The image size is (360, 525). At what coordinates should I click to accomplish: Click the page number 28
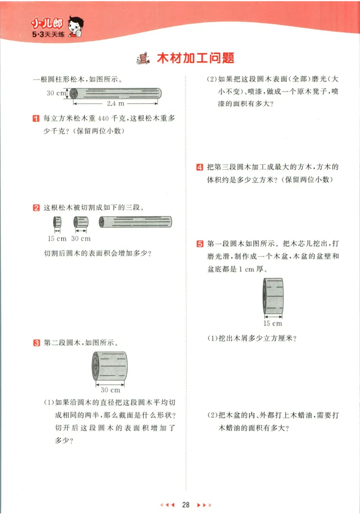(185, 505)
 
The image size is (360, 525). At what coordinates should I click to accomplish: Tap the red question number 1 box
(36, 119)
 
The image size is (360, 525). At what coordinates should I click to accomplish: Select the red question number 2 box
(36, 208)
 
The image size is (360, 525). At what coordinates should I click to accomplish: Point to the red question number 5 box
(199, 244)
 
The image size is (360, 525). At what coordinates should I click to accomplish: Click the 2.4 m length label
(115, 103)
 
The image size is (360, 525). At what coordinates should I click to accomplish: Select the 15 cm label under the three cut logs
(57, 238)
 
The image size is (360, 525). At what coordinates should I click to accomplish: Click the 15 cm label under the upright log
(273, 323)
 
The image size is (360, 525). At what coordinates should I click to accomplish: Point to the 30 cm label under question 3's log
(110, 389)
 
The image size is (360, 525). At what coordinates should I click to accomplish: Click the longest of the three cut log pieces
(135, 222)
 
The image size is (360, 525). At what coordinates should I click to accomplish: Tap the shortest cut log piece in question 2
(57, 222)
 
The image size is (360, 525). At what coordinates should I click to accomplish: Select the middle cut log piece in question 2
(81, 222)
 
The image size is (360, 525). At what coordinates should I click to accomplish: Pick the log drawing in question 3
(109, 365)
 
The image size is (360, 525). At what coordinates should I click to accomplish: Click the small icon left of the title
(144, 59)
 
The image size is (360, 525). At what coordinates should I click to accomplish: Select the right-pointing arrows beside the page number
(204, 505)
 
